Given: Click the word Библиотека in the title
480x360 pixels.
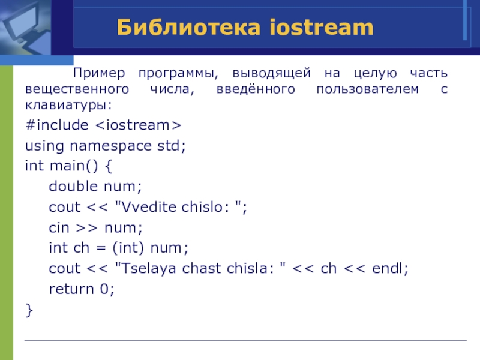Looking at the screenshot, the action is click(x=188, y=27).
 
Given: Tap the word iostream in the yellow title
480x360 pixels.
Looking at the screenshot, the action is click(x=322, y=27).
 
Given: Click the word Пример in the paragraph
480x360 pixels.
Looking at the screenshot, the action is click(x=99, y=73).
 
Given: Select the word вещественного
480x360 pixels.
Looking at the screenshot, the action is click(x=77, y=89).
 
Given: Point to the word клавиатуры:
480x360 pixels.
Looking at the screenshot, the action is click(x=68, y=106).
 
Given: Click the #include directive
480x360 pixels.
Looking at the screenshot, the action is click(x=57, y=125).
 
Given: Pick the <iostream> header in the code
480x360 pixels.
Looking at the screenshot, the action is click(x=139, y=125).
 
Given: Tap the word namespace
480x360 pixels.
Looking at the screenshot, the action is click(x=110, y=146).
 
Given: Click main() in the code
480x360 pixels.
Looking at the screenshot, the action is click(x=74, y=166).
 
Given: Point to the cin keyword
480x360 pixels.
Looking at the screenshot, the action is click(x=59, y=227).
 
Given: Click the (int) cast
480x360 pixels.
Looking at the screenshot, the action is click(x=128, y=248).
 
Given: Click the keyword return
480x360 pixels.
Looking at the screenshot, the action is click(x=71, y=289).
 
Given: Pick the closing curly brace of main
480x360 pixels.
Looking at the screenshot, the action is click(x=29, y=310).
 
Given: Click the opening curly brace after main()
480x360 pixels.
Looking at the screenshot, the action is click(x=109, y=166).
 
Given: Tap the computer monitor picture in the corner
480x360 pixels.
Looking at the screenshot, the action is click(x=25, y=28).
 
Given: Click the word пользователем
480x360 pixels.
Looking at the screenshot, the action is click(x=367, y=89).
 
